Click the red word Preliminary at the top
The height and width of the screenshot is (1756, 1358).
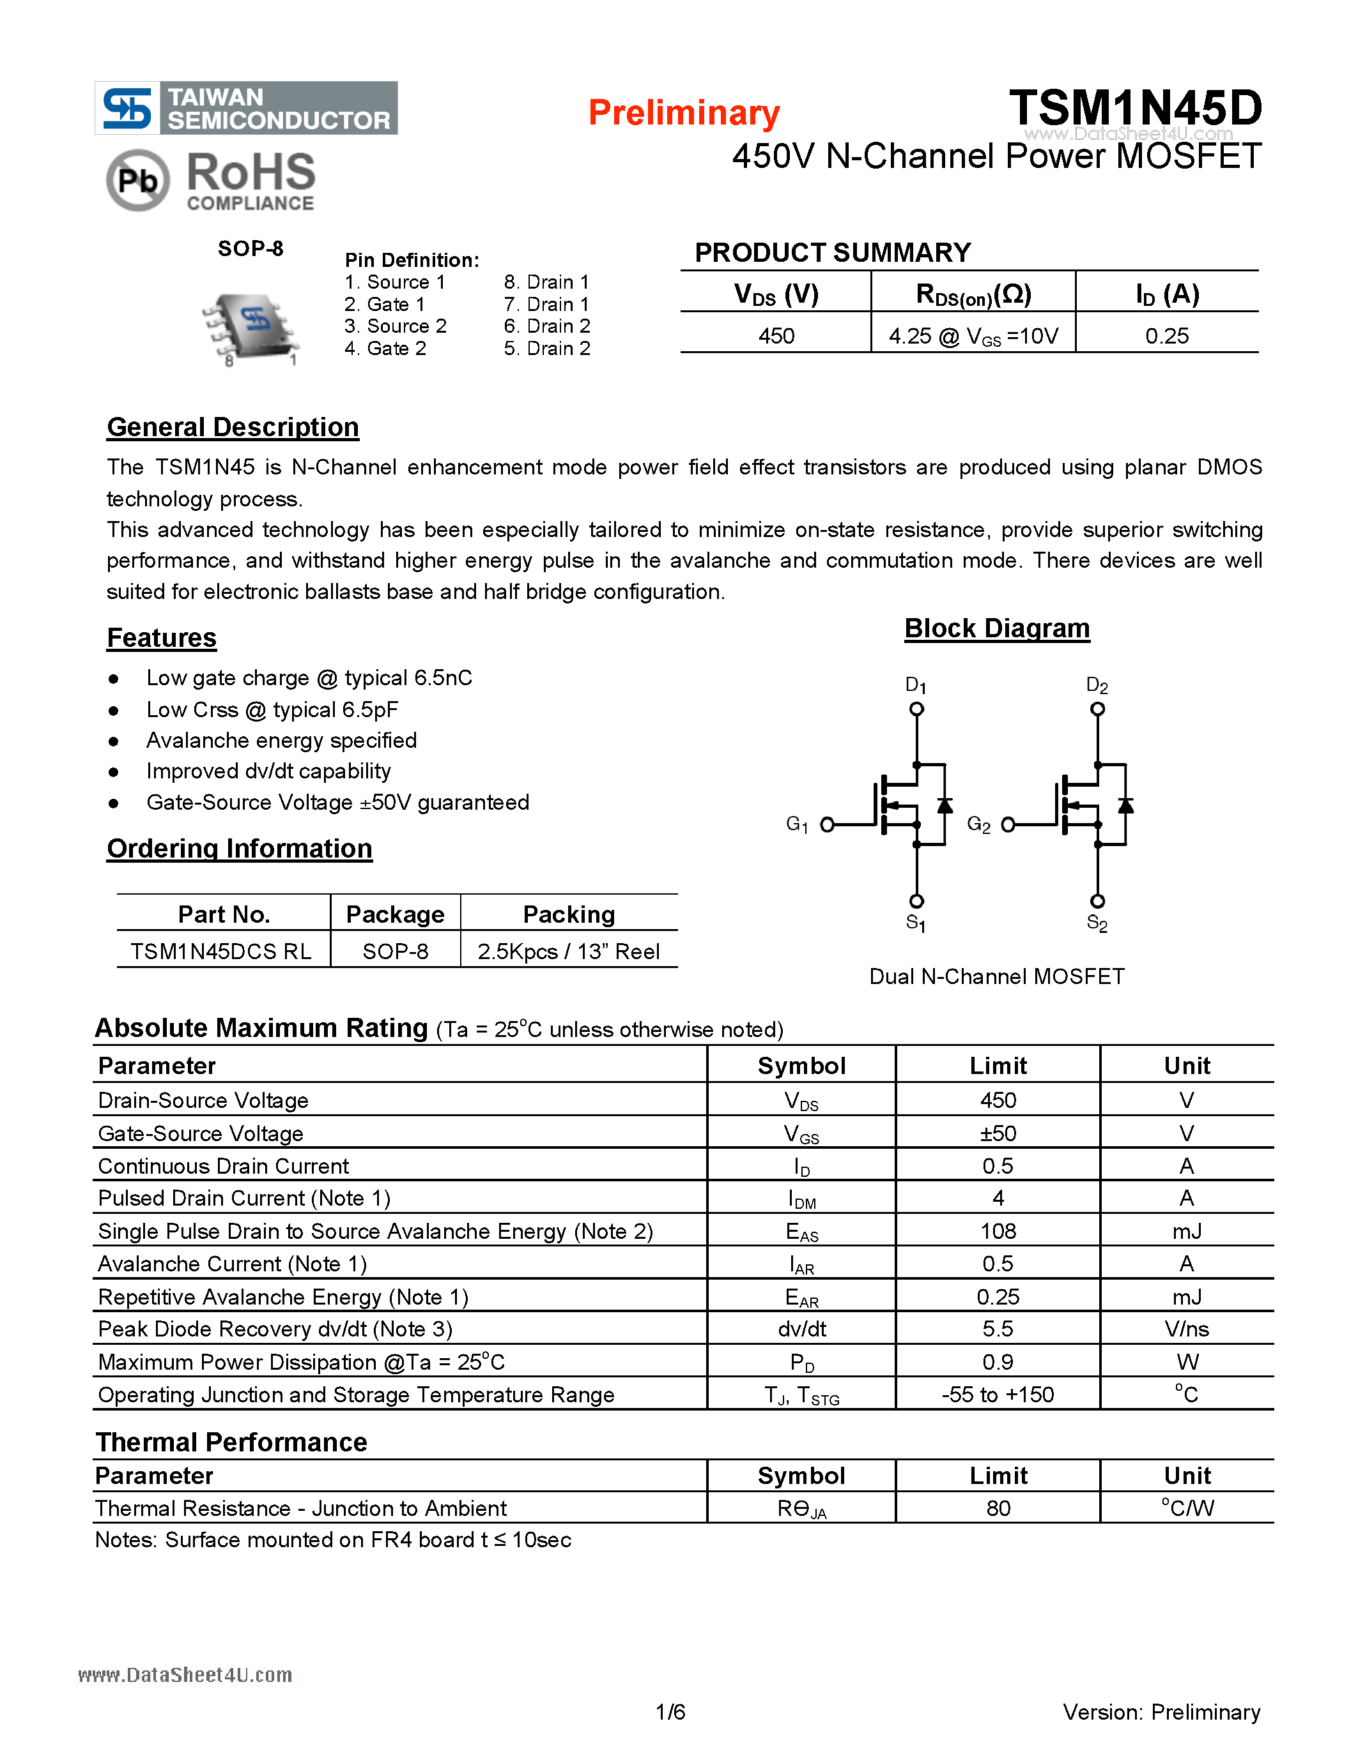(684, 112)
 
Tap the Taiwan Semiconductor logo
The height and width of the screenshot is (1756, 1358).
(246, 108)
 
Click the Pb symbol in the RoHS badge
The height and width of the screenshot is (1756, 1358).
(137, 180)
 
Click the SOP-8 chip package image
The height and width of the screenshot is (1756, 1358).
(251, 326)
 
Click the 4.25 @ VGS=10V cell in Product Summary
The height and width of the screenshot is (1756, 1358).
(973, 336)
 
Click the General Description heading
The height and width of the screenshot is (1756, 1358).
(233, 427)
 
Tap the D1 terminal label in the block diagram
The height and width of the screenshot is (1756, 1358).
(916, 685)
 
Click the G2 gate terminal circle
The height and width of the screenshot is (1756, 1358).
(1008, 824)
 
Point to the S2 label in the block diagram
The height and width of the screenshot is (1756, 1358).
(1097, 923)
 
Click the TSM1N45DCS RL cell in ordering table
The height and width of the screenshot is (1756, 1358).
(221, 951)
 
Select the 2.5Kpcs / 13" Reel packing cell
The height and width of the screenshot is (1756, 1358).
(568, 951)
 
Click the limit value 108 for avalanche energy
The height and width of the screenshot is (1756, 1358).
(998, 1231)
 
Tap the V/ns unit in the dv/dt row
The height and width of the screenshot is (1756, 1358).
(1186, 1329)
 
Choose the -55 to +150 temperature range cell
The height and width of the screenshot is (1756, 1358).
(998, 1394)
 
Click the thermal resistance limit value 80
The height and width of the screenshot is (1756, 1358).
(998, 1508)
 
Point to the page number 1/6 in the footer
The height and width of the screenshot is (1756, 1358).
(670, 1712)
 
